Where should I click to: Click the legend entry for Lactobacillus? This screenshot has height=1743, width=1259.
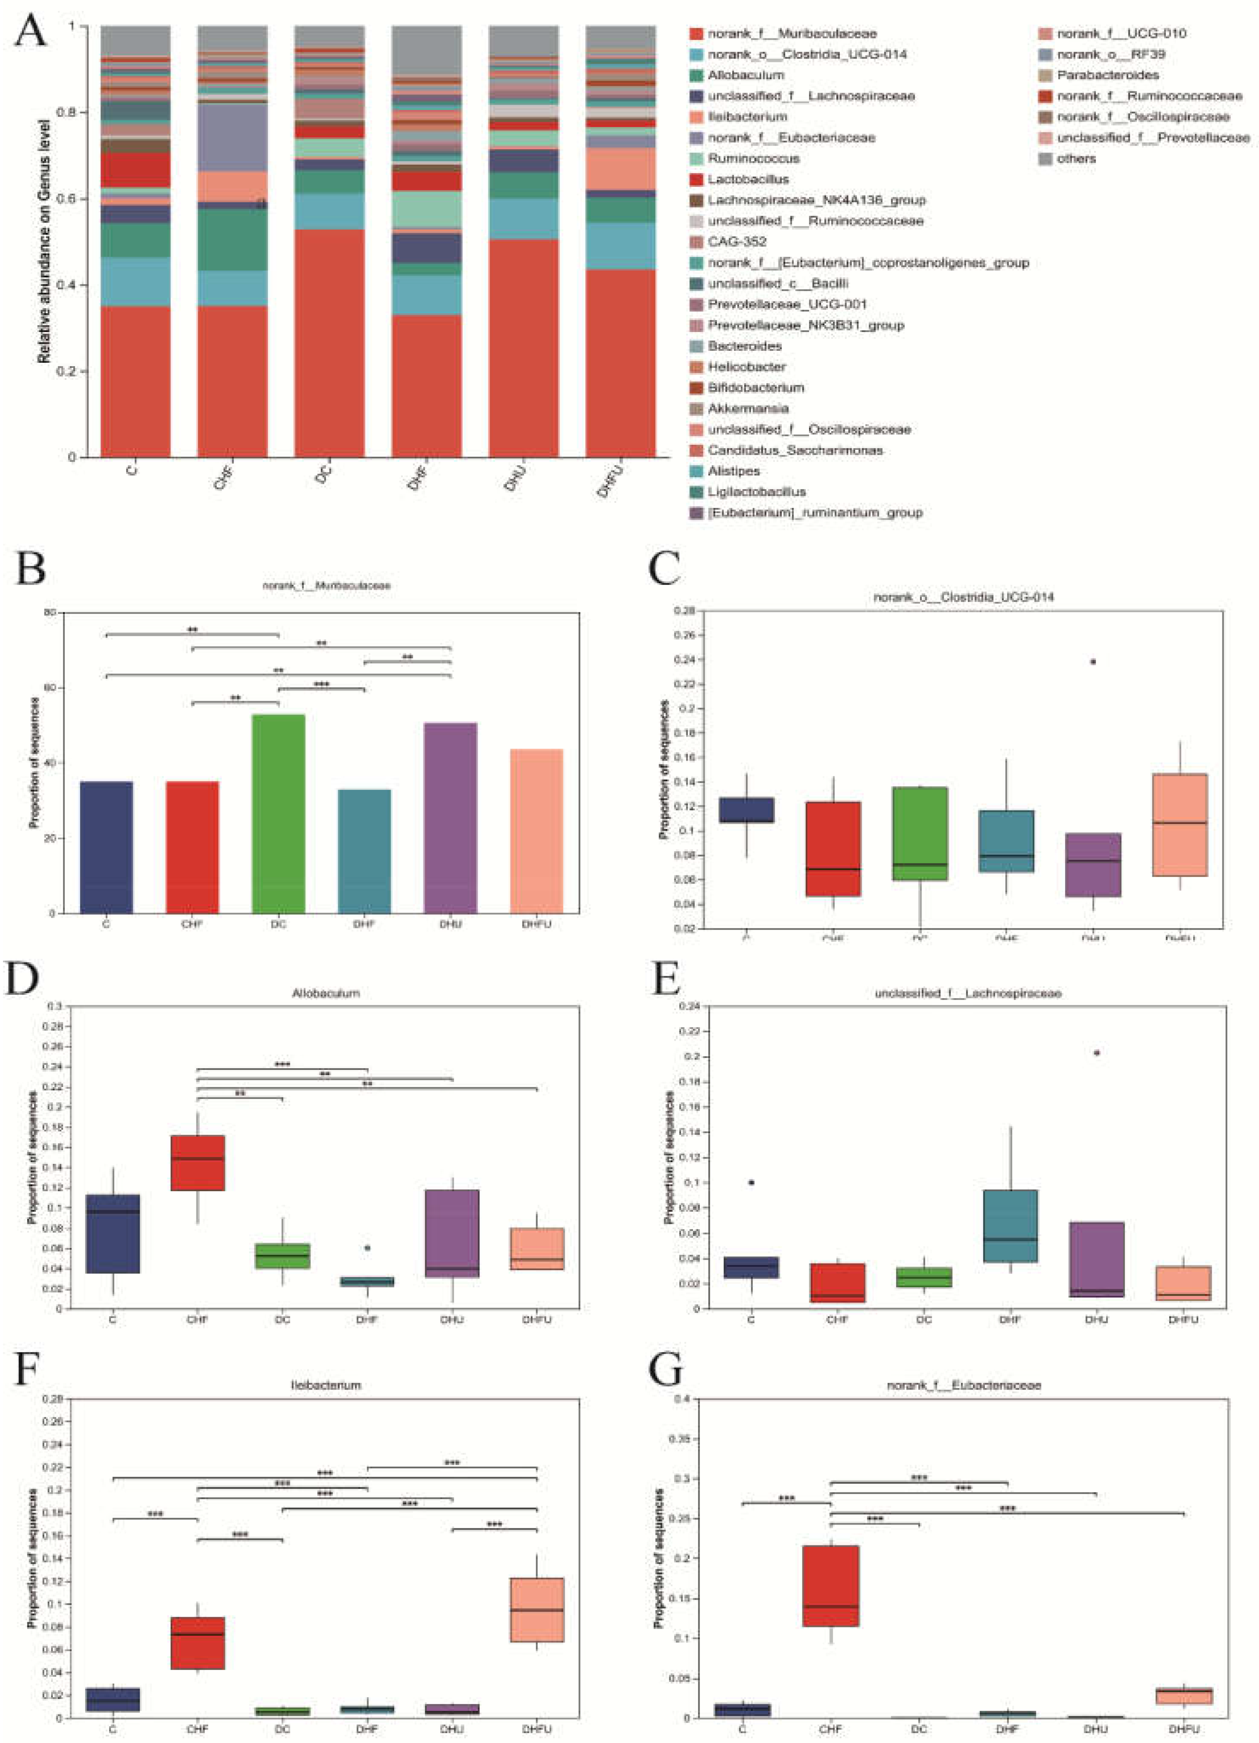pyautogui.click(x=747, y=179)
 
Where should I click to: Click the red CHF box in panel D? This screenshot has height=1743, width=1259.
pyautogui.click(x=198, y=1162)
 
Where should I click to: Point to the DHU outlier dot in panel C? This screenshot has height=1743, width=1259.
pyautogui.click(x=1093, y=662)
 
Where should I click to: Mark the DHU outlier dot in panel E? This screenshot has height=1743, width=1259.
pyautogui.click(x=1097, y=1053)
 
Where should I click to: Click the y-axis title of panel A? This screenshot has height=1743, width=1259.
pyautogui.click(x=44, y=241)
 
